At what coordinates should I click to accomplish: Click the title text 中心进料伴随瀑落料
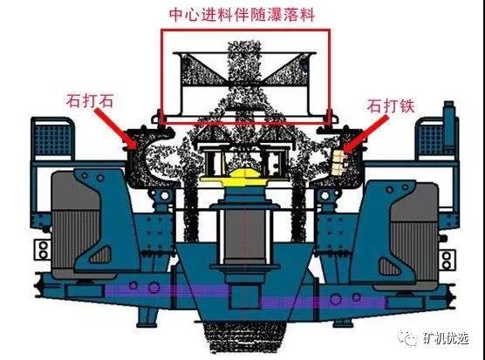pos(242,15)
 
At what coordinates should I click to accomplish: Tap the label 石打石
pos(90,101)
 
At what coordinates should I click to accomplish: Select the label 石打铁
pos(391,106)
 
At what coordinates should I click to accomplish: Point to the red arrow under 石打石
pos(115,128)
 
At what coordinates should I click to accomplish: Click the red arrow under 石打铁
pos(366,134)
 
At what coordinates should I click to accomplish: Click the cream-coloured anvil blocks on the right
pos(338,161)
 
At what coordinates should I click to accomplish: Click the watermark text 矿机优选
pos(446,339)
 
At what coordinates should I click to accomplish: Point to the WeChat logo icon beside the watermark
pos(408,338)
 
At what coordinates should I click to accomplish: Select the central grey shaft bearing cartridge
pos(244,235)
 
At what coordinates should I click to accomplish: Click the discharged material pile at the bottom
pos(244,336)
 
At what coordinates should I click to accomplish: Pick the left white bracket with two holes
pos(43,249)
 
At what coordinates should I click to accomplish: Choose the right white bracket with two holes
pos(446,260)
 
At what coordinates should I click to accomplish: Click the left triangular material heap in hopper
pos(202,71)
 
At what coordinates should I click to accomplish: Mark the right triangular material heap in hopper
pos(285,71)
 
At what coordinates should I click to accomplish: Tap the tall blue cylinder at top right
pos(449,127)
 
